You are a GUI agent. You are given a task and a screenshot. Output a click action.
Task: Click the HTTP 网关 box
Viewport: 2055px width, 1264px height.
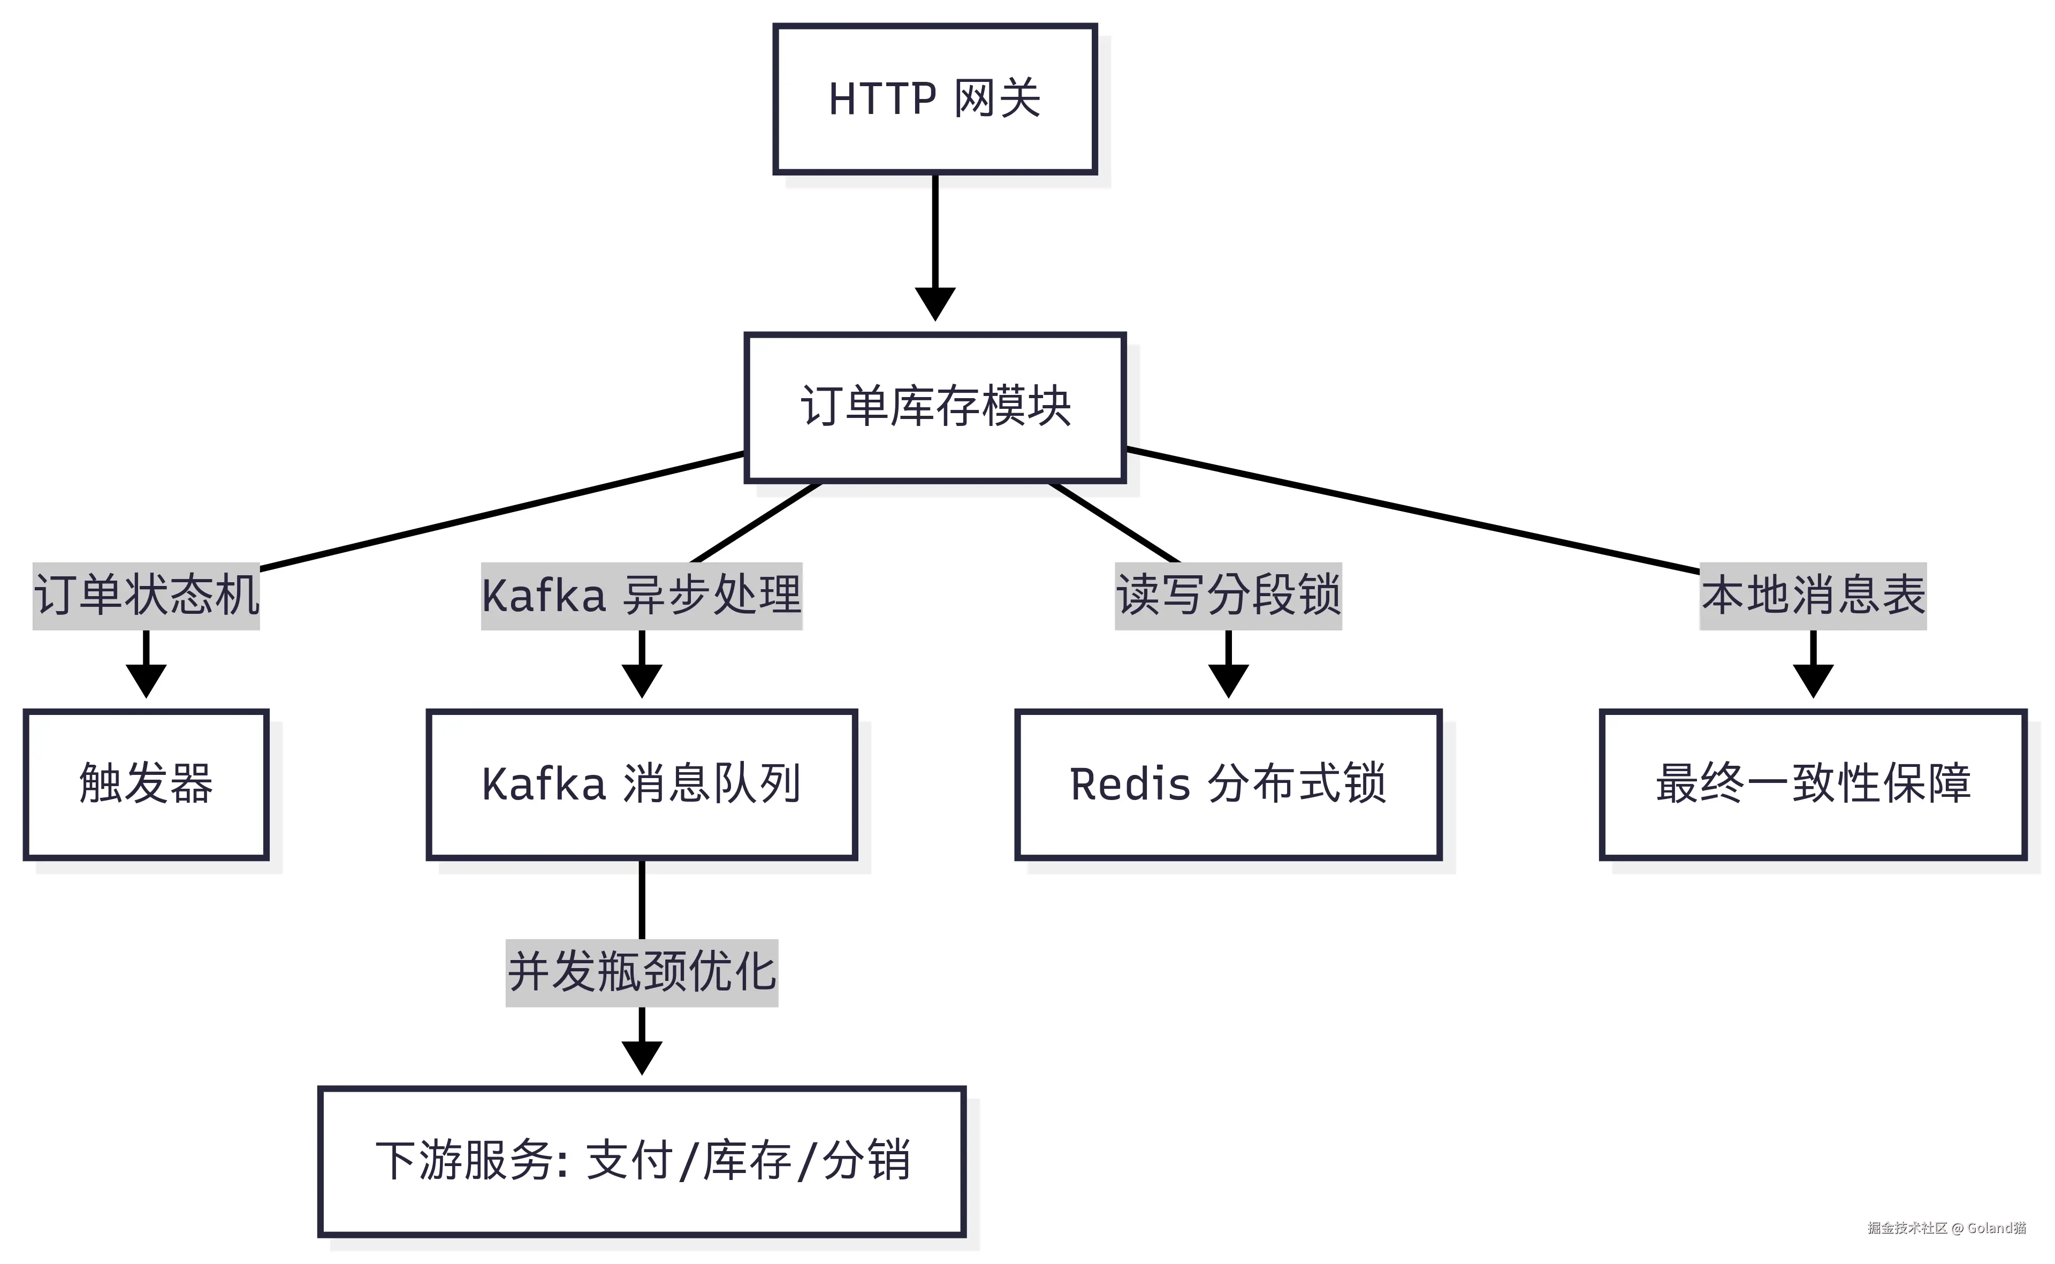click(x=935, y=98)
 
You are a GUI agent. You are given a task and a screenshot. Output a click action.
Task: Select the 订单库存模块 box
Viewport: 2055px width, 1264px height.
click(x=935, y=407)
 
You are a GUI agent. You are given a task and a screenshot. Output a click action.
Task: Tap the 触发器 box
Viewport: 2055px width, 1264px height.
click(x=146, y=784)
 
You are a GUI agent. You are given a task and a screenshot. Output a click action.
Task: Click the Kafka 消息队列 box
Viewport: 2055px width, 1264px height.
click(x=641, y=784)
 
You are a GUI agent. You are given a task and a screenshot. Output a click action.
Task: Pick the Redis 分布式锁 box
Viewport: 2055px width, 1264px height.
click(x=1228, y=784)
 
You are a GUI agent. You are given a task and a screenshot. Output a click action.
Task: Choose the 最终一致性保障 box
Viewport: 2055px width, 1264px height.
click(x=1813, y=784)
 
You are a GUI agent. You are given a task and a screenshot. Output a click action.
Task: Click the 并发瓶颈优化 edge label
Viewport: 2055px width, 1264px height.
click(x=641, y=972)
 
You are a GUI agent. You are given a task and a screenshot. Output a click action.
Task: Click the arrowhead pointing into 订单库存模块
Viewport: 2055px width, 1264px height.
click(x=935, y=304)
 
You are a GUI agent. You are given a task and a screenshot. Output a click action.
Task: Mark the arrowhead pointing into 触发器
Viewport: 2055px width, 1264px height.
click(x=146, y=681)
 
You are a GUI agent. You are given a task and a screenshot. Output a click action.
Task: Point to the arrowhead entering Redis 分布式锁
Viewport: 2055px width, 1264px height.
click(x=1228, y=681)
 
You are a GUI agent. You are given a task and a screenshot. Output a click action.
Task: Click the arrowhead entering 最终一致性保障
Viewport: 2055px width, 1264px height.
click(x=1813, y=681)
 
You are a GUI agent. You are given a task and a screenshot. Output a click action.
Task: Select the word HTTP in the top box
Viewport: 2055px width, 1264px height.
click(x=882, y=98)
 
